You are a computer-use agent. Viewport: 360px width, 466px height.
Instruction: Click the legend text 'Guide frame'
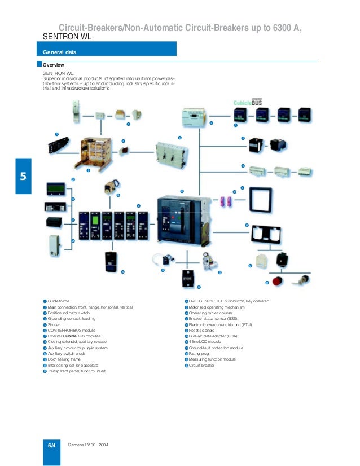tap(59, 301)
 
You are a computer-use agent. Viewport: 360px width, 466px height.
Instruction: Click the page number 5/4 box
tap(51, 446)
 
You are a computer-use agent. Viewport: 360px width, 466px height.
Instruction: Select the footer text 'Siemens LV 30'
tap(82, 446)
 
